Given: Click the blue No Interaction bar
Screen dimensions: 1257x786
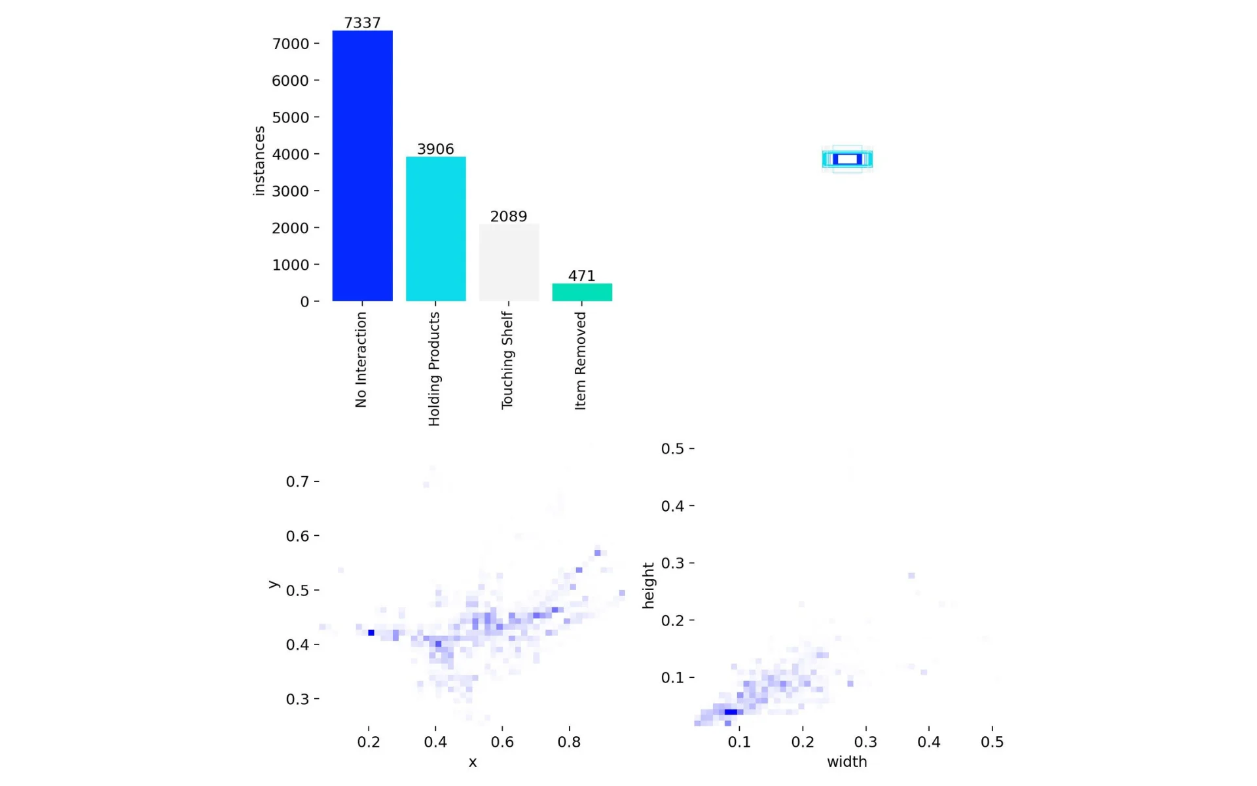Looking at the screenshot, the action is coord(362,166).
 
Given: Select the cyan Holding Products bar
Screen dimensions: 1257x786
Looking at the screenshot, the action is coord(435,229).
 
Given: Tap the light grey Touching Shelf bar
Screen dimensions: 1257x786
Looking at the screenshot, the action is coord(509,263).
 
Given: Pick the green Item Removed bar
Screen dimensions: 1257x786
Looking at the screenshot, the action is coord(582,292).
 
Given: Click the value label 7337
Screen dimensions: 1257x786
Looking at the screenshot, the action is coord(362,23).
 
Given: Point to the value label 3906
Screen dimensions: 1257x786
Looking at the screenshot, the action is coord(435,149).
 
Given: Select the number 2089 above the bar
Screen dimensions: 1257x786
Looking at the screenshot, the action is coord(509,216).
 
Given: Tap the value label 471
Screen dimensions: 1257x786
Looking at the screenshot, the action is coord(582,276).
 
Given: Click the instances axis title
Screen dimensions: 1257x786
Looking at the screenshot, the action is coord(259,161).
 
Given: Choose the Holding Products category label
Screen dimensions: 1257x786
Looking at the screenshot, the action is coord(434,369).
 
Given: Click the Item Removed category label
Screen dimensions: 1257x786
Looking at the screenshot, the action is coord(581,361).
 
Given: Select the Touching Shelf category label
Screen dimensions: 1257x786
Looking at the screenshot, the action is coord(507,360).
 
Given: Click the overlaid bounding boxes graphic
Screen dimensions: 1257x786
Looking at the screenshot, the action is coord(847,159).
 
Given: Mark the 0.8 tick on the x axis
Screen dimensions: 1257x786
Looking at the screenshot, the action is coord(569,742).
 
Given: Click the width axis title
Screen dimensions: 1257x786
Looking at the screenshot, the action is coord(847,762).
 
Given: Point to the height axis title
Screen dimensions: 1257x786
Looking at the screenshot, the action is coord(649,586).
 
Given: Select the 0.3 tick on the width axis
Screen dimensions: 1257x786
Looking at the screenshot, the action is coord(865,742).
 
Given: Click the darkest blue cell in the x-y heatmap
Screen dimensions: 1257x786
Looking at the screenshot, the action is coord(371,633).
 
